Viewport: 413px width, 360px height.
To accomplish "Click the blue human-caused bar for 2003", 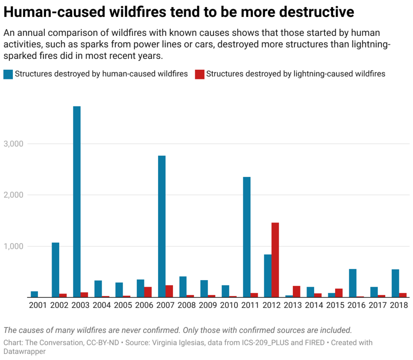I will point(77,202).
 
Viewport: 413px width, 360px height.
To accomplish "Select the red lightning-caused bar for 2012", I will point(275,260).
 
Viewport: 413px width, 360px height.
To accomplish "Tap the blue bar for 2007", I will point(162,226).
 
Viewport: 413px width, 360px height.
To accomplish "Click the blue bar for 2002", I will point(56,270).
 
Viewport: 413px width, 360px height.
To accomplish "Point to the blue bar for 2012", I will point(267,276).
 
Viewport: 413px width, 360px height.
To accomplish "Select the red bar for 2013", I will point(296,291).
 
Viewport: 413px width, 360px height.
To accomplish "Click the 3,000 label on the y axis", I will point(13,144).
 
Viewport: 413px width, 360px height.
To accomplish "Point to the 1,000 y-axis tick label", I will point(13,246).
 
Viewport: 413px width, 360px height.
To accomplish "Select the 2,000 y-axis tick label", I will point(13,195).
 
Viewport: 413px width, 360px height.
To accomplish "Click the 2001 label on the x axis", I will point(38,306).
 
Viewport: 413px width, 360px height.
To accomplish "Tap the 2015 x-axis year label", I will point(335,306).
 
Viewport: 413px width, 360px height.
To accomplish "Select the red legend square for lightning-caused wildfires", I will point(199,74).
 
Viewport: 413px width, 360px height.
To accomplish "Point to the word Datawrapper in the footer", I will point(25,352).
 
